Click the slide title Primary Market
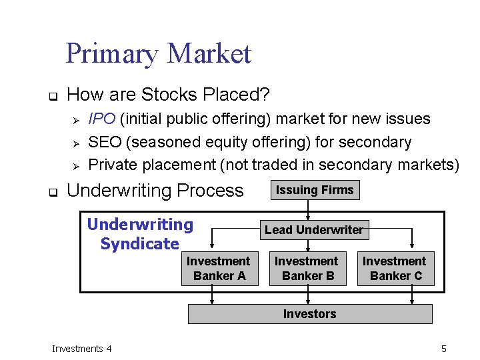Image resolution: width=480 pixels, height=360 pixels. pos(158,53)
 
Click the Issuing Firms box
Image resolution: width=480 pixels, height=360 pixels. pos(315,190)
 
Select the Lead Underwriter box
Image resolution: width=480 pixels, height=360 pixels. pos(314,230)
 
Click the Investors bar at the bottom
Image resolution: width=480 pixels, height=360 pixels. pos(310,314)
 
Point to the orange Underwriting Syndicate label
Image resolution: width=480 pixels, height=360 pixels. pos(140,234)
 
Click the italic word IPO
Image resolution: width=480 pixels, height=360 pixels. pos(102,119)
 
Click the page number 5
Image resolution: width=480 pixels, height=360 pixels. pos(443,349)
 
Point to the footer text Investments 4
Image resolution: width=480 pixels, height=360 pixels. pos(82,349)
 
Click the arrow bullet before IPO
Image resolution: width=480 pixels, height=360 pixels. pos(75,121)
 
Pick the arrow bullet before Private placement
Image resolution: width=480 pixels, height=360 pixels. pos(75,166)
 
